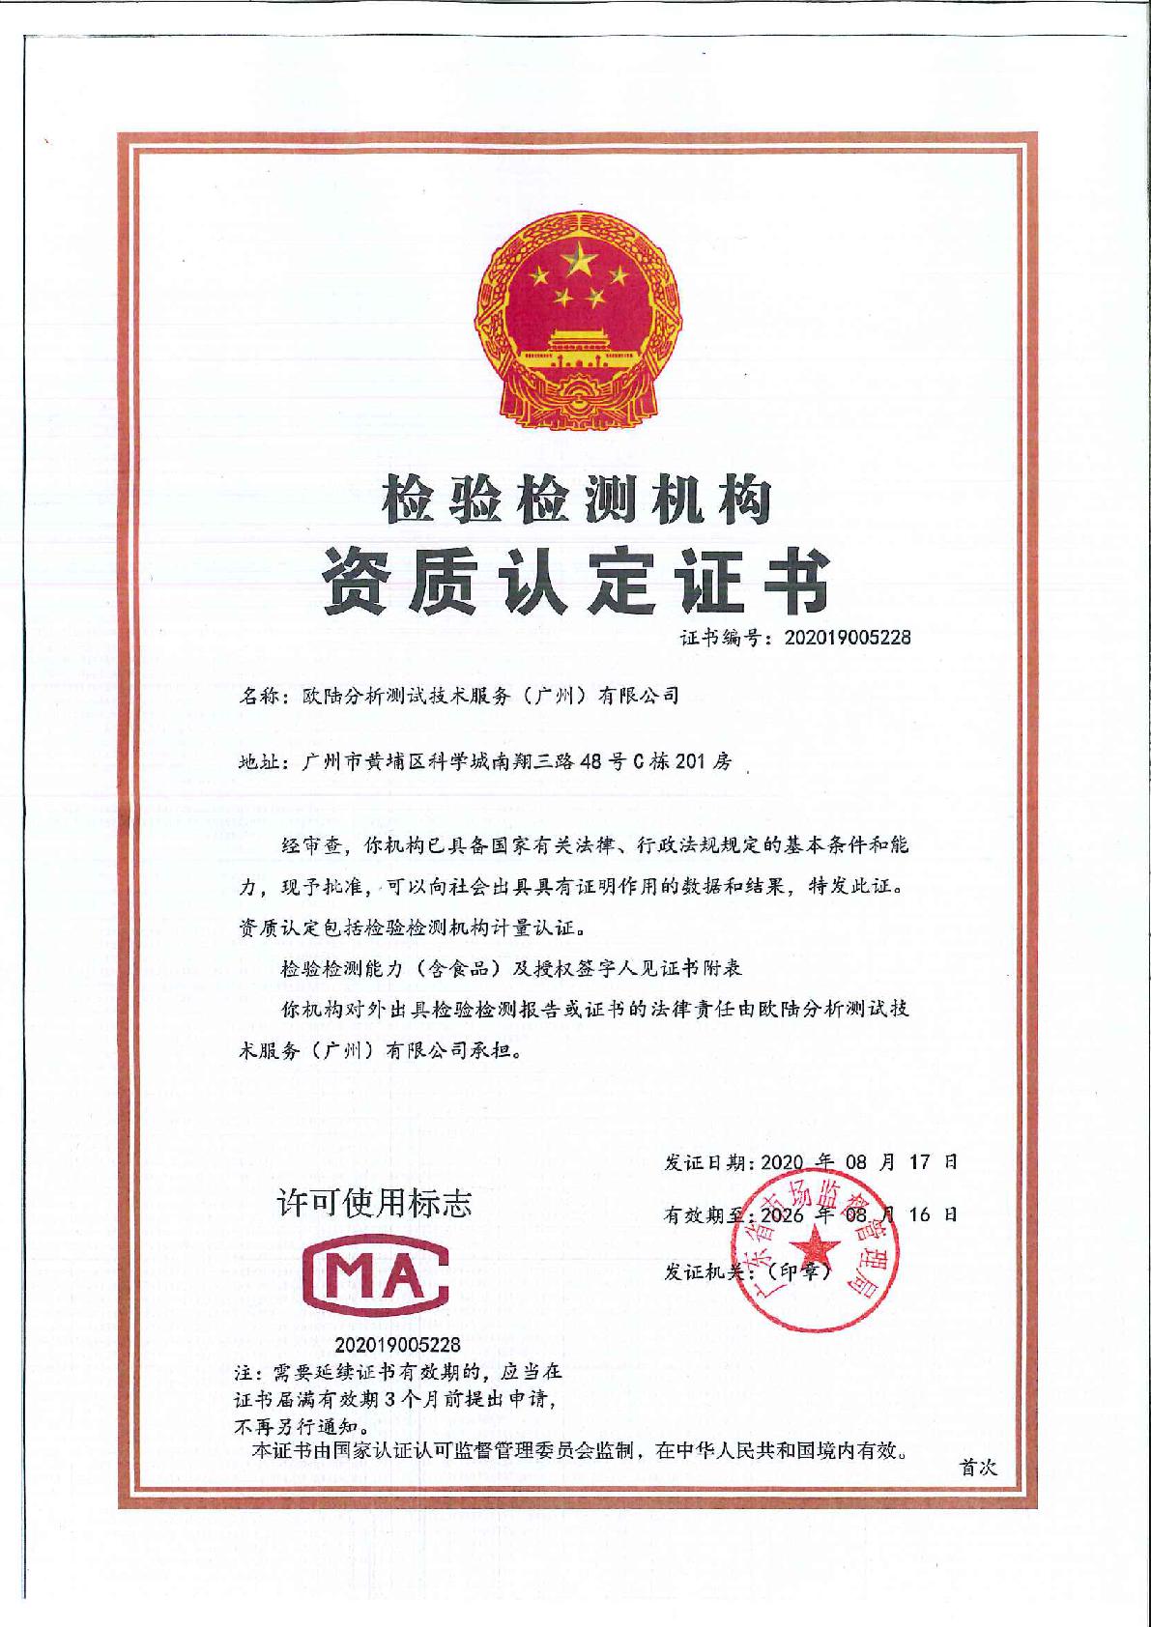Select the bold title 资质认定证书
[x=577, y=581]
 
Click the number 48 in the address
[x=589, y=761]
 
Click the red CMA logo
[x=375, y=1279]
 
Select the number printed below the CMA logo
[x=398, y=1344]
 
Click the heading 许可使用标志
[x=375, y=1203]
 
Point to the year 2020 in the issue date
[x=789, y=1162]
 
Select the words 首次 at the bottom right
[x=977, y=1468]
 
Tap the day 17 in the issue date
[x=919, y=1162]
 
